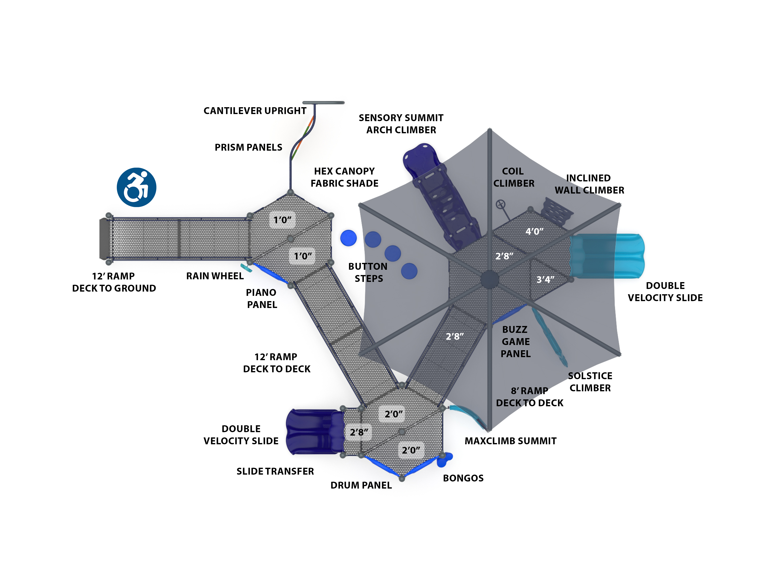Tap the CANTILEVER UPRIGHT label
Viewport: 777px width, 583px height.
tap(255, 111)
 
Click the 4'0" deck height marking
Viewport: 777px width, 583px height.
tap(534, 232)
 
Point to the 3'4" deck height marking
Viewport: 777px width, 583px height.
tap(545, 279)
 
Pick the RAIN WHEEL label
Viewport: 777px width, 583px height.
tap(215, 276)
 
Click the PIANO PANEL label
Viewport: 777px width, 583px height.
tap(261, 299)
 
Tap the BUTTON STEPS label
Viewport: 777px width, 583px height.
tap(368, 273)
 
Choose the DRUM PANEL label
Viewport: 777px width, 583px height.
tap(361, 485)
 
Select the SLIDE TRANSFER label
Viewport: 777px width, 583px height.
tap(275, 471)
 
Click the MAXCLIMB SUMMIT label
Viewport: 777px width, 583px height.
tap(510, 441)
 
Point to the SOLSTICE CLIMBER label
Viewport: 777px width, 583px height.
tap(590, 382)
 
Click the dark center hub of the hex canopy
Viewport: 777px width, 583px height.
tap(489, 280)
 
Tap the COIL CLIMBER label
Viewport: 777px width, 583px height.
tap(514, 177)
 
